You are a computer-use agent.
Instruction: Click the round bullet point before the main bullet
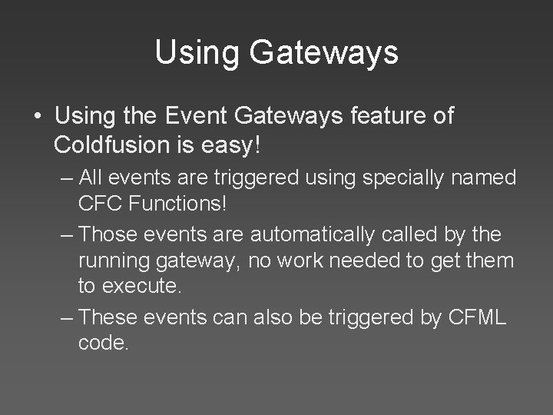pyautogui.click(x=38, y=117)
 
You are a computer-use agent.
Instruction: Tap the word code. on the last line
pyautogui.click(x=103, y=344)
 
